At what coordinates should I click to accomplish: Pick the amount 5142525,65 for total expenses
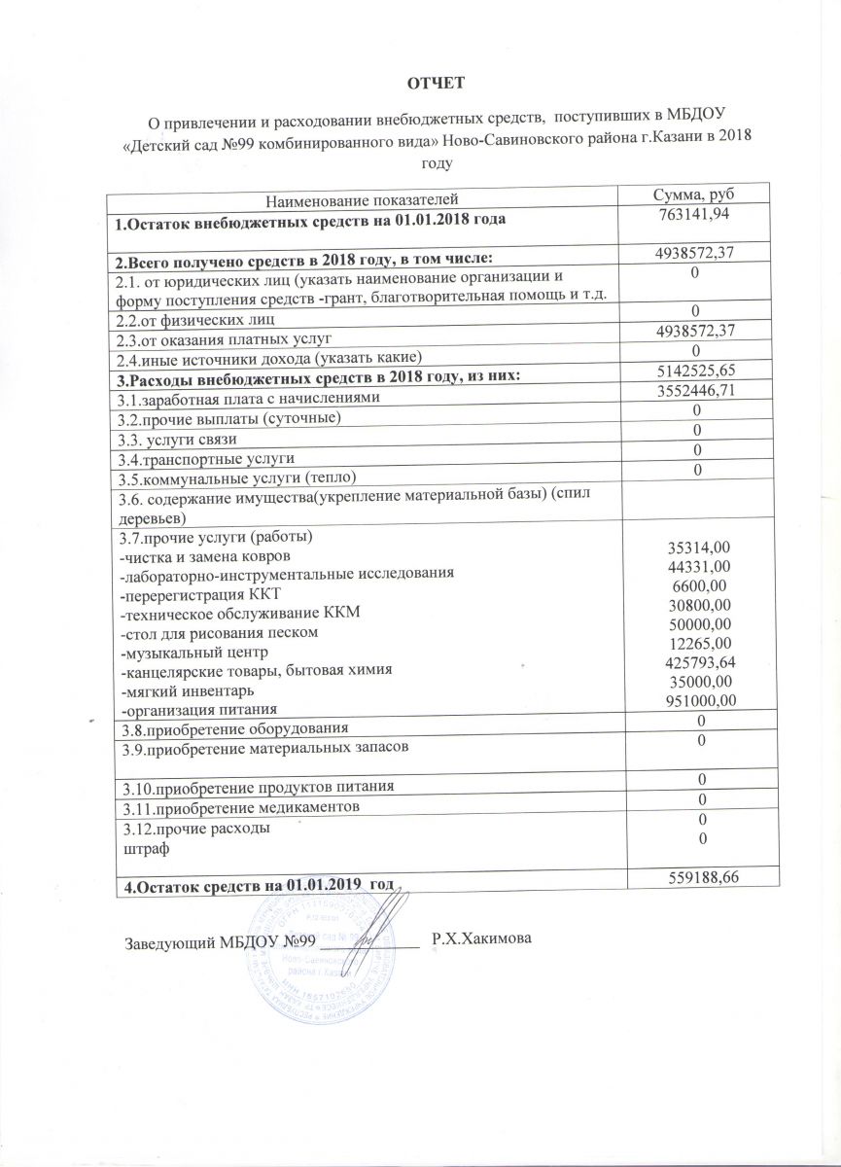pyautogui.click(x=692, y=372)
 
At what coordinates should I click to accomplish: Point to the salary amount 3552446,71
pyautogui.click(x=692, y=391)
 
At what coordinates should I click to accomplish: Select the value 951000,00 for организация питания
pyautogui.click(x=692, y=698)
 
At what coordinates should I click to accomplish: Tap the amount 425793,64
pyautogui.click(x=692, y=661)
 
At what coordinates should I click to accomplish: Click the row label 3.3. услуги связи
pyautogui.click(x=177, y=439)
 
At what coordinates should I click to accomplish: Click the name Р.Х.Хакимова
pyautogui.click(x=482, y=940)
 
